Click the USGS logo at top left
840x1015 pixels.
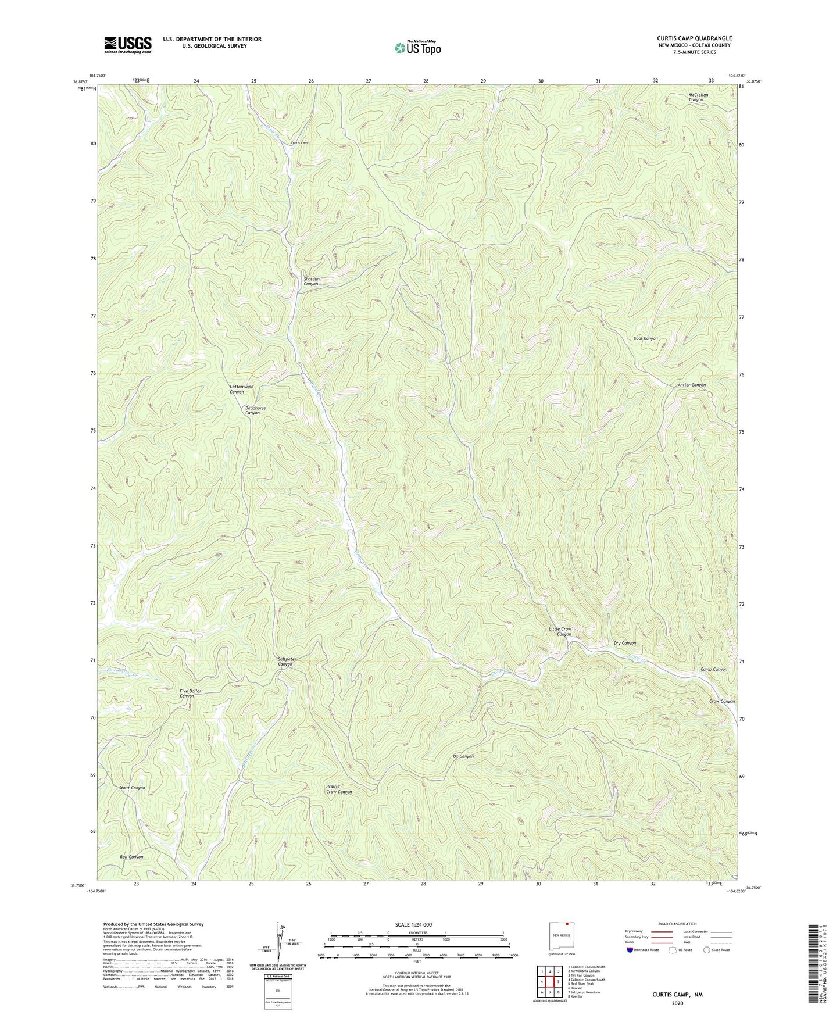click(128, 45)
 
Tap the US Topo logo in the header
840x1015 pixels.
click(417, 48)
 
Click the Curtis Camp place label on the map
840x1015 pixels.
click(300, 143)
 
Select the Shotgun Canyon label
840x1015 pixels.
click(312, 281)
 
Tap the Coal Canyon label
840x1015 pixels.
click(645, 338)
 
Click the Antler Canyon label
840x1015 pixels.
click(691, 385)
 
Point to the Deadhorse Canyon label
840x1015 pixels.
click(255, 410)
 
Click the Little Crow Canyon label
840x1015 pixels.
click(560, 631)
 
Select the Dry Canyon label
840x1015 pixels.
click(624, 643)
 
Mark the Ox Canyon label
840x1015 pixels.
click(463, 756)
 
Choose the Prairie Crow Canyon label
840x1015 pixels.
click(338, 789)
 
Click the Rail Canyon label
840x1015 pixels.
click(131, 857)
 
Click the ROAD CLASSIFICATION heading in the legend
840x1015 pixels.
click(677, 924)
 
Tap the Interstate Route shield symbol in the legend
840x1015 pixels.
click(631, 950)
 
